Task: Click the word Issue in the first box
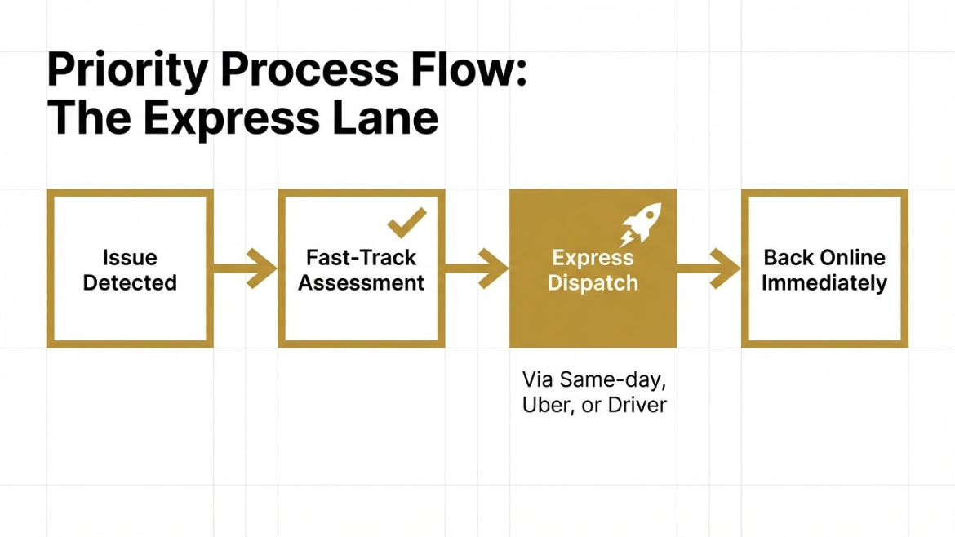click(x=130, y=258)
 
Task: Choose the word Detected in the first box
click(x=130, y=283)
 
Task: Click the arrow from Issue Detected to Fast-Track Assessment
click(x=246, y=268)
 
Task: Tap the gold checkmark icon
click(x=406, y=222)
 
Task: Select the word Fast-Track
click(x=362, y=258)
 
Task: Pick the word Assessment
click(x=362, y=283)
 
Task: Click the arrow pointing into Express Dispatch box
click(x=477, y=268)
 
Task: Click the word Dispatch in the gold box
click(x=593, y=283)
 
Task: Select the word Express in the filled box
click(x=593, y=258)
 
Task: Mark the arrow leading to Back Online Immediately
click(x=708, y=268)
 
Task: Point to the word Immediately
click(x=824, y=283)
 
